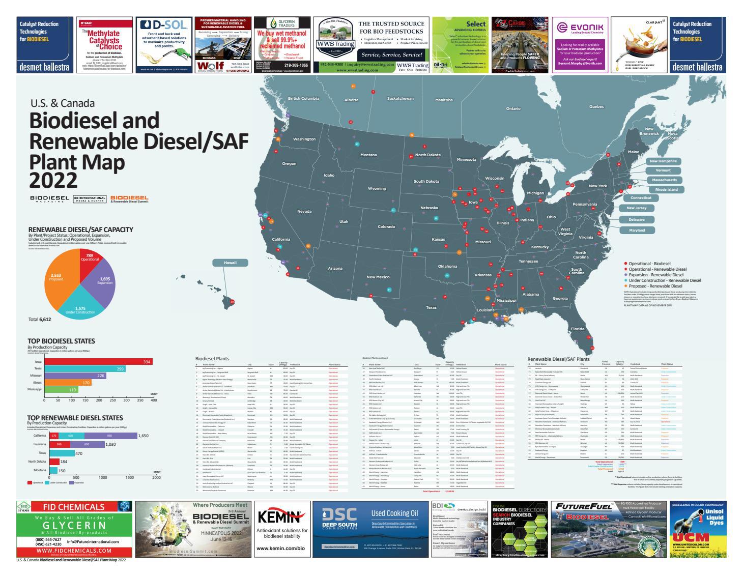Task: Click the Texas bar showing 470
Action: click(62, 453)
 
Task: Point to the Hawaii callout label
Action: click(231, 263)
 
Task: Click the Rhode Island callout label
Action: click(666, 189)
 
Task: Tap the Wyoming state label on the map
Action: click(377, 189)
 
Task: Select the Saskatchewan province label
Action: click(400, 98)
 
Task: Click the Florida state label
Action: click(577, 329)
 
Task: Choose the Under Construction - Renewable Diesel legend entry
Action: click(665, 280)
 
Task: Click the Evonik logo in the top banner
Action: click(580, 28)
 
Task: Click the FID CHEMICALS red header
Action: click(73, 507)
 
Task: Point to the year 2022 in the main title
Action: click(53, 180)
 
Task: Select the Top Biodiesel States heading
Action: click(61, 341)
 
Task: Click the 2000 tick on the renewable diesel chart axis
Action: click(156, 478)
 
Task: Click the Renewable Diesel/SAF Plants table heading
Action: click(558, 359)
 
